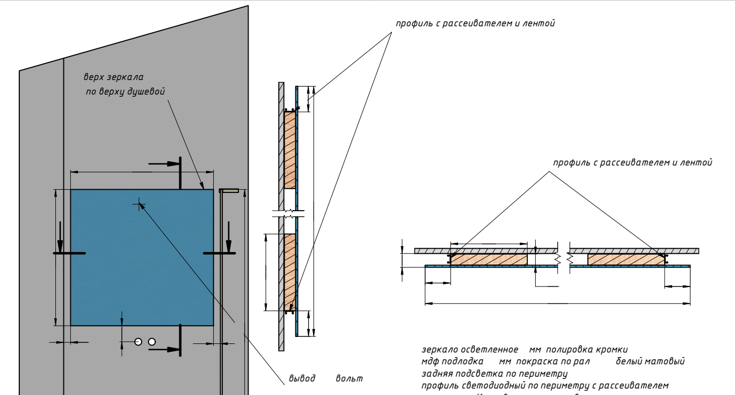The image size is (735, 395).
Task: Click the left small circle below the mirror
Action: (139, 342)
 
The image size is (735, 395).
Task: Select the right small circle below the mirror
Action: (152, 342)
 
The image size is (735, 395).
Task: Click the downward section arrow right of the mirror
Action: (229, 234)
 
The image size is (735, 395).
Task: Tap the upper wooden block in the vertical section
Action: (289, 150)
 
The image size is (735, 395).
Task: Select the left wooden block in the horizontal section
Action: (489, 260)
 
